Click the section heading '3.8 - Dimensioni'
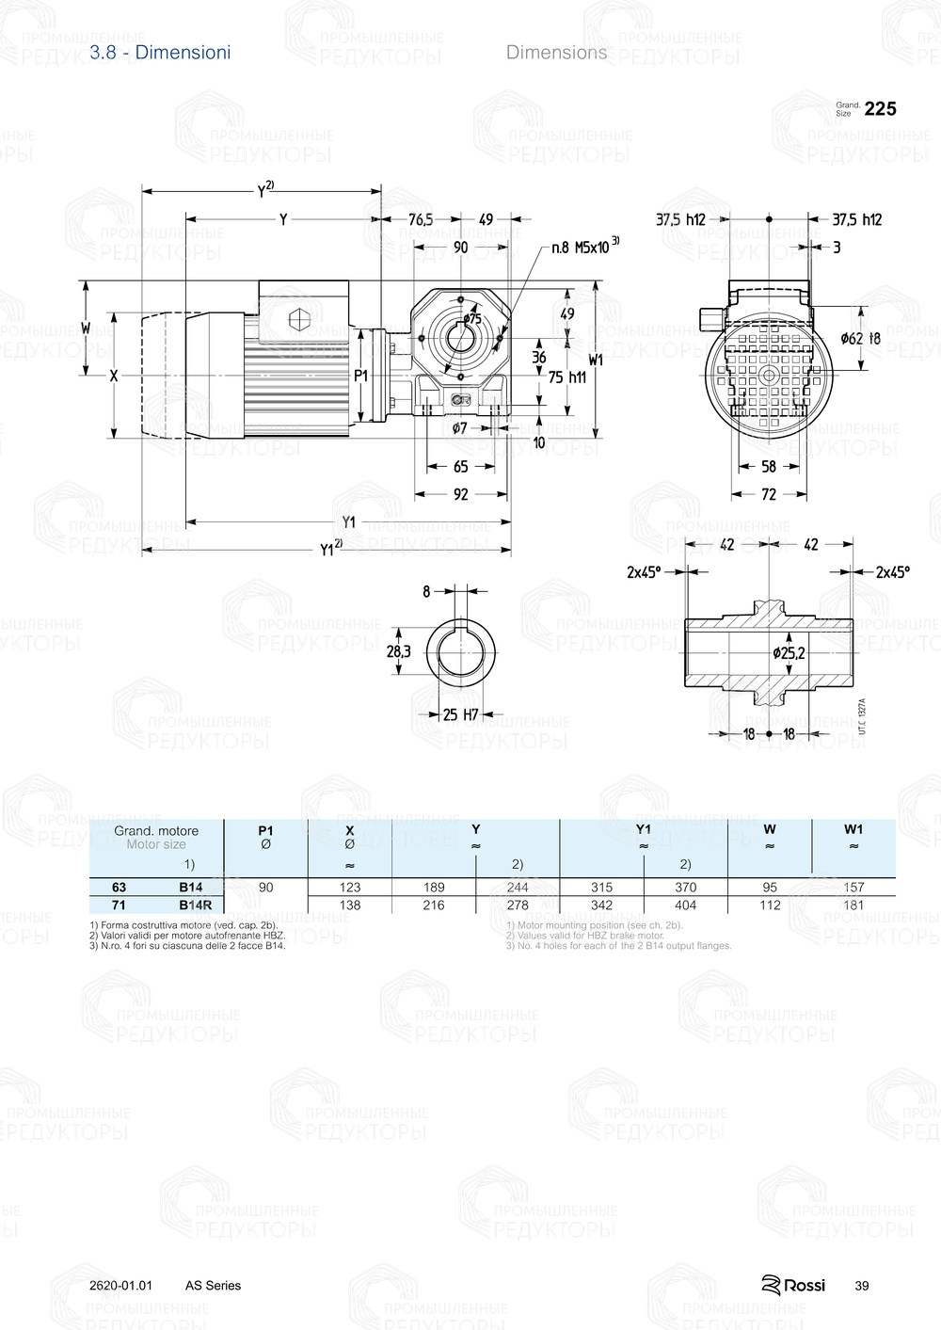[160, 53]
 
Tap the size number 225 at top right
[880, 109]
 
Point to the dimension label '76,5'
[421, 219]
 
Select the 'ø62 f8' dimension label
[860, 338]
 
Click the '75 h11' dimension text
[566, 377]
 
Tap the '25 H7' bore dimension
[461, 715]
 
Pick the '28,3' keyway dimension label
[399, 650]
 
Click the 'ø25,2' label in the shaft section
[789, 652]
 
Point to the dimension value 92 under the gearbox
[461, 493]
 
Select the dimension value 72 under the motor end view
[769, 493]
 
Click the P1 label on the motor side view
[361, 376]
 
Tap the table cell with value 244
[518, 887]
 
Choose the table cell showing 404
[686, 905]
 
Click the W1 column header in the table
[853, 829]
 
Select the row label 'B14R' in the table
[196, 905]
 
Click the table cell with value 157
[853, 887]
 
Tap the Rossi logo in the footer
[793, 1285]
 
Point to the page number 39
[862, 1286]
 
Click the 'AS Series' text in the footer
[213, 1286]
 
